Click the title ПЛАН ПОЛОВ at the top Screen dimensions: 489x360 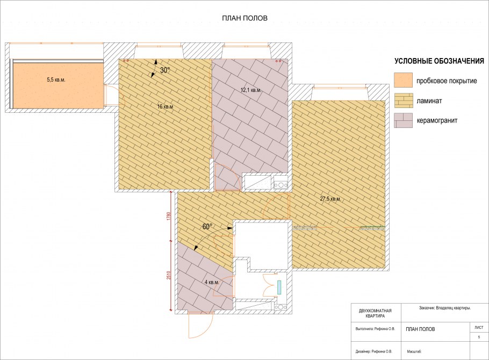coord(244,18)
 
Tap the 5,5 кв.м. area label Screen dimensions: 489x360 coord(56,80)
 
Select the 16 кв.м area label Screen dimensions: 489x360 coord(165,107)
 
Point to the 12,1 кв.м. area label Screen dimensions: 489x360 coord(251,90)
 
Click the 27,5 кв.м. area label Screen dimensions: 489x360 coord(330,199)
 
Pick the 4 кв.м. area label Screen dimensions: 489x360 coord(211,282)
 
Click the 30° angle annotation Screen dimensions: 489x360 coord(166,70)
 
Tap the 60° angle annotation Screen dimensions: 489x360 coord(207,227)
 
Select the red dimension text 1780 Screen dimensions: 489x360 coord(169,217)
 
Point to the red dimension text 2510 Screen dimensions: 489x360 coord(169,275)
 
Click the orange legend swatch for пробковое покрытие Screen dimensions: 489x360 coord(403,81)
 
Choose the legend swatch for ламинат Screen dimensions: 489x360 coord(403,101)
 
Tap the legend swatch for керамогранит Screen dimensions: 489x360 coord(403,120)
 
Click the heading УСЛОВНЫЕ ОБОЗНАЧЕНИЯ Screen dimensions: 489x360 coord(439,61)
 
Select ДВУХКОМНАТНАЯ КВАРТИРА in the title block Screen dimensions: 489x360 coord(375,313)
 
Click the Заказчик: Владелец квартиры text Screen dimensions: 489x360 coord(445,308)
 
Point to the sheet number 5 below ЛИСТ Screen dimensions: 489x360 coord(479,337)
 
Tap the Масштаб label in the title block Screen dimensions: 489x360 coord(414,351)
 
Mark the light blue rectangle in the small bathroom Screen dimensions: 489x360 coord(279,287)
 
